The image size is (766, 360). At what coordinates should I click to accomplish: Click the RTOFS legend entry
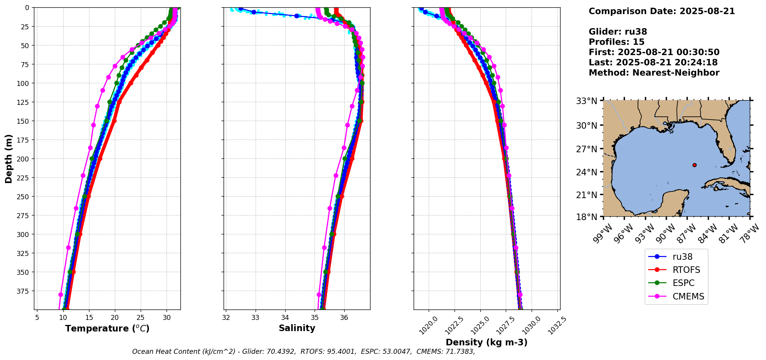coord(686,270)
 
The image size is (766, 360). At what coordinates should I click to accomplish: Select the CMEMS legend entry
coord(688,296)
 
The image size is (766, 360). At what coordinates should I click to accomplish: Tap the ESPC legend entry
coord(683,283)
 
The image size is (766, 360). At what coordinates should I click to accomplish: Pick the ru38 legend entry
coord(682,257)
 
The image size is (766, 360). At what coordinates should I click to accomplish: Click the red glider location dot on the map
coord(694,165)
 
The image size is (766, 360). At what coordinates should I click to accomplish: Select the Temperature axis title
coord(107,328)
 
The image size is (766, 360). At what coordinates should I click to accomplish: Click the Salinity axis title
coord(297,328)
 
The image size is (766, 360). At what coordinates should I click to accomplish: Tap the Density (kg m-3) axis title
coord(487,342)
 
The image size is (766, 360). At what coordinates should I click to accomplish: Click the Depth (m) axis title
coord(8,158)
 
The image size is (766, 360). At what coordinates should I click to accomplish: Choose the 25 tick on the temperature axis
coord(141,318)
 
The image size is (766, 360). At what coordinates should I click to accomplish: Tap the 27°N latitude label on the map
coord(586,149)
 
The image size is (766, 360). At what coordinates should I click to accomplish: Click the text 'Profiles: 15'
coord(616,42)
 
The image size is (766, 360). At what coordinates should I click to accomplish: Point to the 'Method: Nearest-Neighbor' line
coord(654,73)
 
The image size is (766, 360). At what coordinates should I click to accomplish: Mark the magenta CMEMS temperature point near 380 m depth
coord(61,294)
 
